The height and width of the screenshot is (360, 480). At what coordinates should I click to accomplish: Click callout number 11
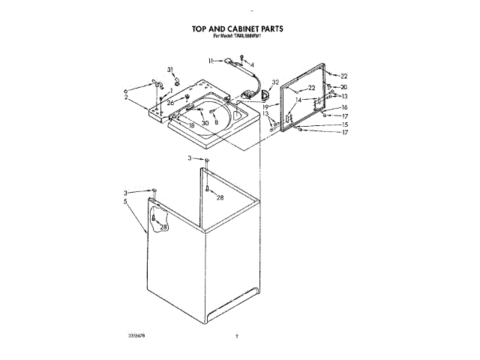pyautogui.click(x=211, y=60)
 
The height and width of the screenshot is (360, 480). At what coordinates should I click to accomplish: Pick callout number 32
pyautogui.click(x=275, y=82)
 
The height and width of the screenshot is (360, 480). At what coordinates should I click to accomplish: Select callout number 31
pyautogui.click(x=170, y=70)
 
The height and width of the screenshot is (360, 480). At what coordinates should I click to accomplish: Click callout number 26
pyautogui.click(x=170, y=103)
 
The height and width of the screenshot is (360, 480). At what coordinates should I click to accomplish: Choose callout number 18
pyautogui.click(x=191, y=126)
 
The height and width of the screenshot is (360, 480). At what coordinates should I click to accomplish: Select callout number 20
pyautogui.click(x=343, y=87)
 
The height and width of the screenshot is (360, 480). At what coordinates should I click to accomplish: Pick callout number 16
pyautogui.click(x=344, y=107)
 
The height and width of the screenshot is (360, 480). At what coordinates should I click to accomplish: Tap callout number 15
pyautogui.click(x=344, y=124)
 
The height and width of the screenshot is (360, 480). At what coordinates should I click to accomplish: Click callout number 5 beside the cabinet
pyautogui.click(x=126, y=202)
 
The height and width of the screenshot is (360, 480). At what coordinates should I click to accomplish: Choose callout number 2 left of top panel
pyautogui.click(x=126, y=97)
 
